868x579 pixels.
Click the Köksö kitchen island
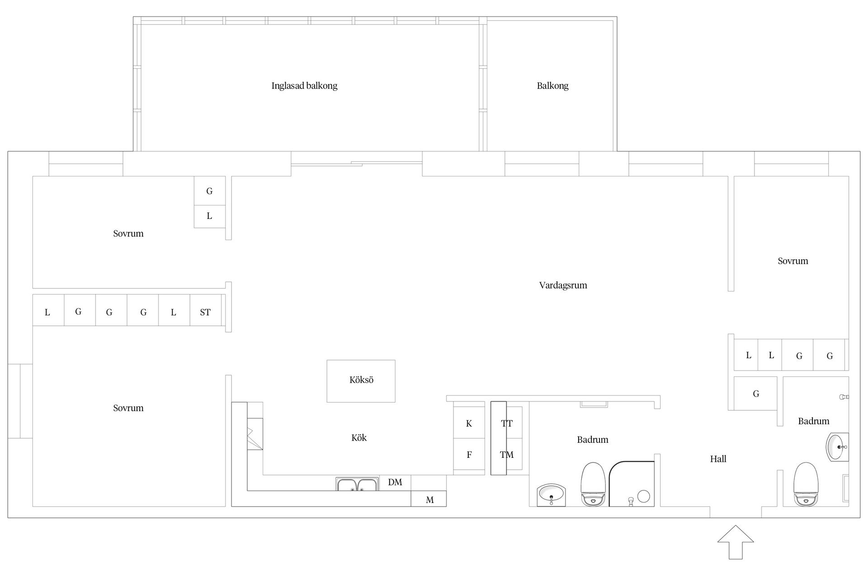[361, 381]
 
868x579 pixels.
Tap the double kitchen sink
[357, 484]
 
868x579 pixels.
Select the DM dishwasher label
[395, 482]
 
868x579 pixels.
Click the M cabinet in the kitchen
[429, 499]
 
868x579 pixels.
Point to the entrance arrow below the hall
[736, 542]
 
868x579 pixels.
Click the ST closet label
[205, 312]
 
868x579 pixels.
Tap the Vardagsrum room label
[563, 285]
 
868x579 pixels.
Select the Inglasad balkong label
[304, 86]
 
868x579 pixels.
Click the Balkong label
[552, 86]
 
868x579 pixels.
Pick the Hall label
[718, 459]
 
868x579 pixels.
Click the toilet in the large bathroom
[593, 484]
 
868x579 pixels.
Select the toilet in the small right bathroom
[806, 484]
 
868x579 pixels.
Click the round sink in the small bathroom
[837, 446]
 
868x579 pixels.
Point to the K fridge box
[469, 422]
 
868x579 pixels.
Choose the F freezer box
[469, 454]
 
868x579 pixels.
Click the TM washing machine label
[507, 455]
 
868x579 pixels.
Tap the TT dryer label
[507, 424]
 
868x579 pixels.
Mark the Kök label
[359, 438]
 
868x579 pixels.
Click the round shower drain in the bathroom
[644, 497]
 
